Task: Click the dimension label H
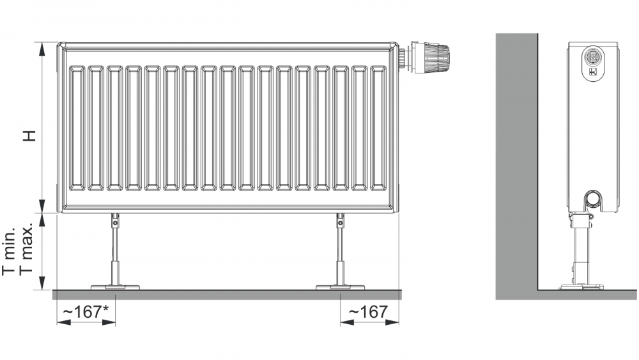coord(30,136)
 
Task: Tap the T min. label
coord(8,251)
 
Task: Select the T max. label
coord(26,249)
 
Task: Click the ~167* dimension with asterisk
coord(86,312)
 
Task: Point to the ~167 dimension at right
coord(369,312)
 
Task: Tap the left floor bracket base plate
coord(115,287)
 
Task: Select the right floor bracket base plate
coord(341,287)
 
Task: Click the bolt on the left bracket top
coord(115,223)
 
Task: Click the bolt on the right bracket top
coord(341,223)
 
